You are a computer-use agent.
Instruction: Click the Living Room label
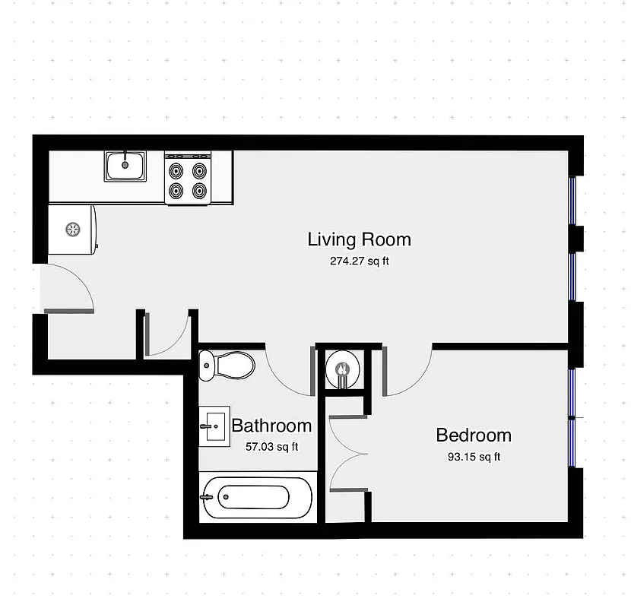[x=359, y=239]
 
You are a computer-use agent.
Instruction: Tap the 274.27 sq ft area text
[x=359, y=261]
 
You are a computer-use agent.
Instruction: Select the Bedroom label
[x=473, y=435]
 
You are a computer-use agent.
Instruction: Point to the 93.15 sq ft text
[x=473, y=457]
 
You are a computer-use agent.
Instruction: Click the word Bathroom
[x=271, y=426]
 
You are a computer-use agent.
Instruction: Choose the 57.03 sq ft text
[x=271, y=446]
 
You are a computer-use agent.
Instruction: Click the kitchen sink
[x=125, y=165]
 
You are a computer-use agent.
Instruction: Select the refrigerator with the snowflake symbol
[x=72, y=228]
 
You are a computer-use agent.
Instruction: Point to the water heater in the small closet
[x=342, y=370]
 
